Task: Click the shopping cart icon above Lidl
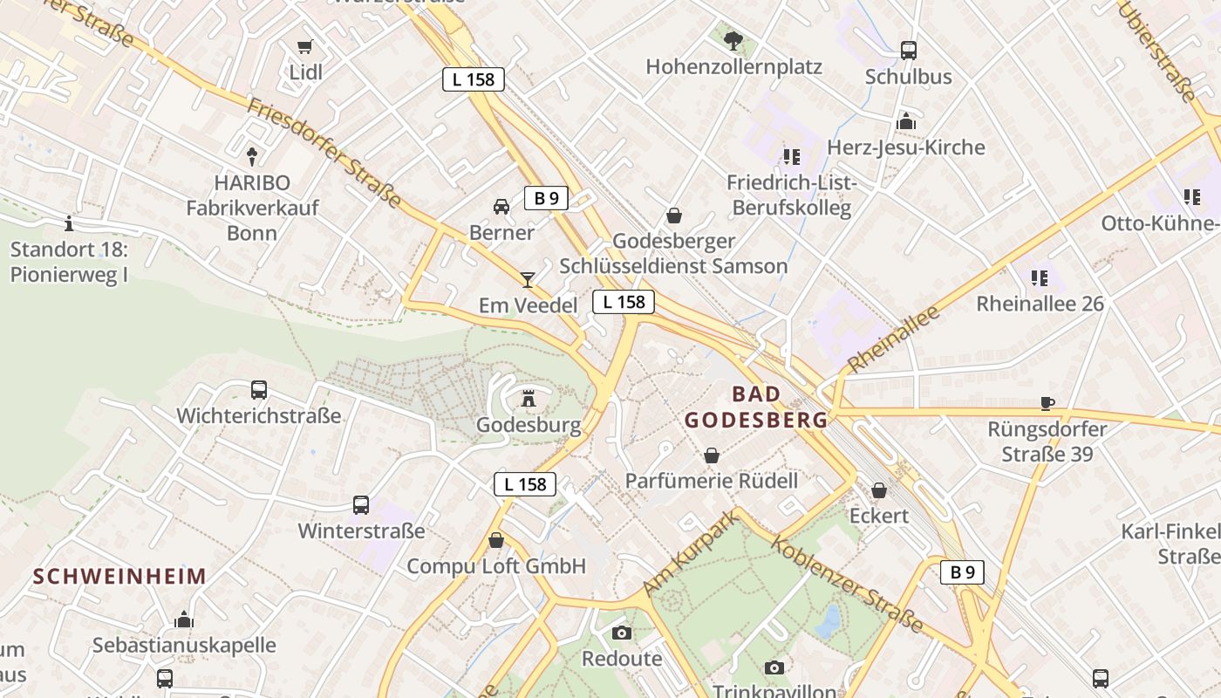click(304, 47)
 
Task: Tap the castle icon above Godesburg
click(528, 399)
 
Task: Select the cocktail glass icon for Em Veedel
click(528, 279)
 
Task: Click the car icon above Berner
click(501, 207)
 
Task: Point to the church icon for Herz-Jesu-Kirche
click(906, 121)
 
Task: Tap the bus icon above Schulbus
click(909, 51)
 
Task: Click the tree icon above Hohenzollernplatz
click(733, 40)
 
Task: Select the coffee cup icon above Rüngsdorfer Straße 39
click(1047, 403)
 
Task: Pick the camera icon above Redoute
click(622, 633)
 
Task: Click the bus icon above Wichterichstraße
click(259, 390)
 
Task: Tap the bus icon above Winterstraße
click(361, 504)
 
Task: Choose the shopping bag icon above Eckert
click(879, 490)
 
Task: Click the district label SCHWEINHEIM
click(119, 576)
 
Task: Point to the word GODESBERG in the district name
click(755, 420)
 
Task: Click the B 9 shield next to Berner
click(546, 198)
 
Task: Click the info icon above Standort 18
click(69, 224)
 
